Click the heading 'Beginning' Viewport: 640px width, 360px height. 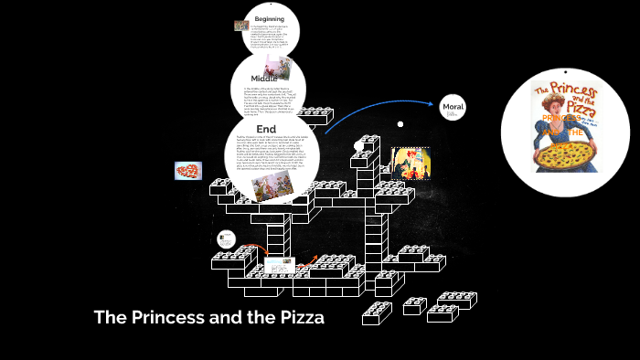269,18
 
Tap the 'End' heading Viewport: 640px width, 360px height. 266,129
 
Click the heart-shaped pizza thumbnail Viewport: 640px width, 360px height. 188,171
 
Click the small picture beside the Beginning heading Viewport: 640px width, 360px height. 240,26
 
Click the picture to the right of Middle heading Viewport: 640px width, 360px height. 279,69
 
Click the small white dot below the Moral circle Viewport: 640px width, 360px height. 400,123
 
